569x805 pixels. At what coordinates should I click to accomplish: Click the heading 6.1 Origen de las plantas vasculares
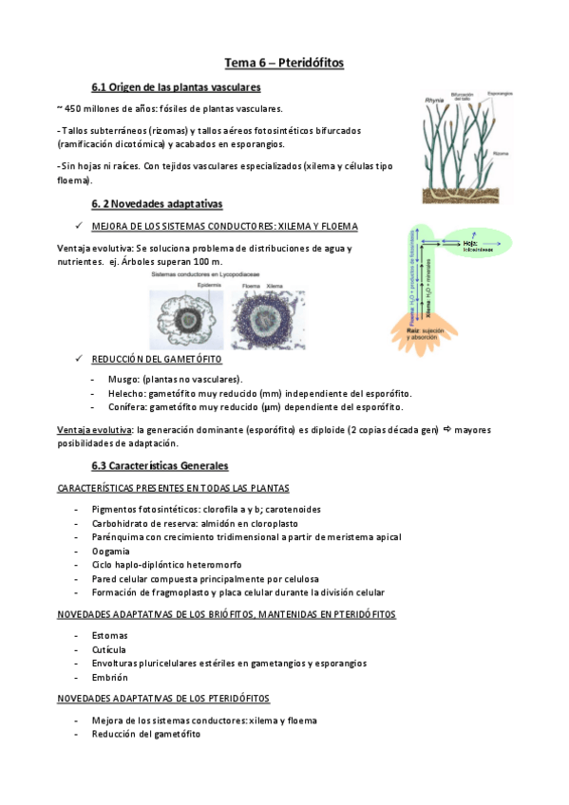pyautogui.click(x=176, y=88)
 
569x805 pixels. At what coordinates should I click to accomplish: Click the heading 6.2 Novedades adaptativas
pyautogui.click(x=157, y=204)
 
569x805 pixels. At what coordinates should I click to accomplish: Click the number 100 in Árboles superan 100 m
pyautogui.click(x=205, y=262)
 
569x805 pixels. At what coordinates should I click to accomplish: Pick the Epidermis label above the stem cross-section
pyautogui.click(x=209, y=284)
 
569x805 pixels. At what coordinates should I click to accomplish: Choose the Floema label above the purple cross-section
pyautogui.click(x=251, y=284)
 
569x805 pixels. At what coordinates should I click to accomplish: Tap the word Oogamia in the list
pyautogui.click(x=110, y=551)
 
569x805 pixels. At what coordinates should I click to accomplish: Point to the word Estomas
pyautogui.click(x=110, y=635)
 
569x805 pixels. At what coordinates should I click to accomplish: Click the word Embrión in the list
pyautogui.click(x=110, y=677)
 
